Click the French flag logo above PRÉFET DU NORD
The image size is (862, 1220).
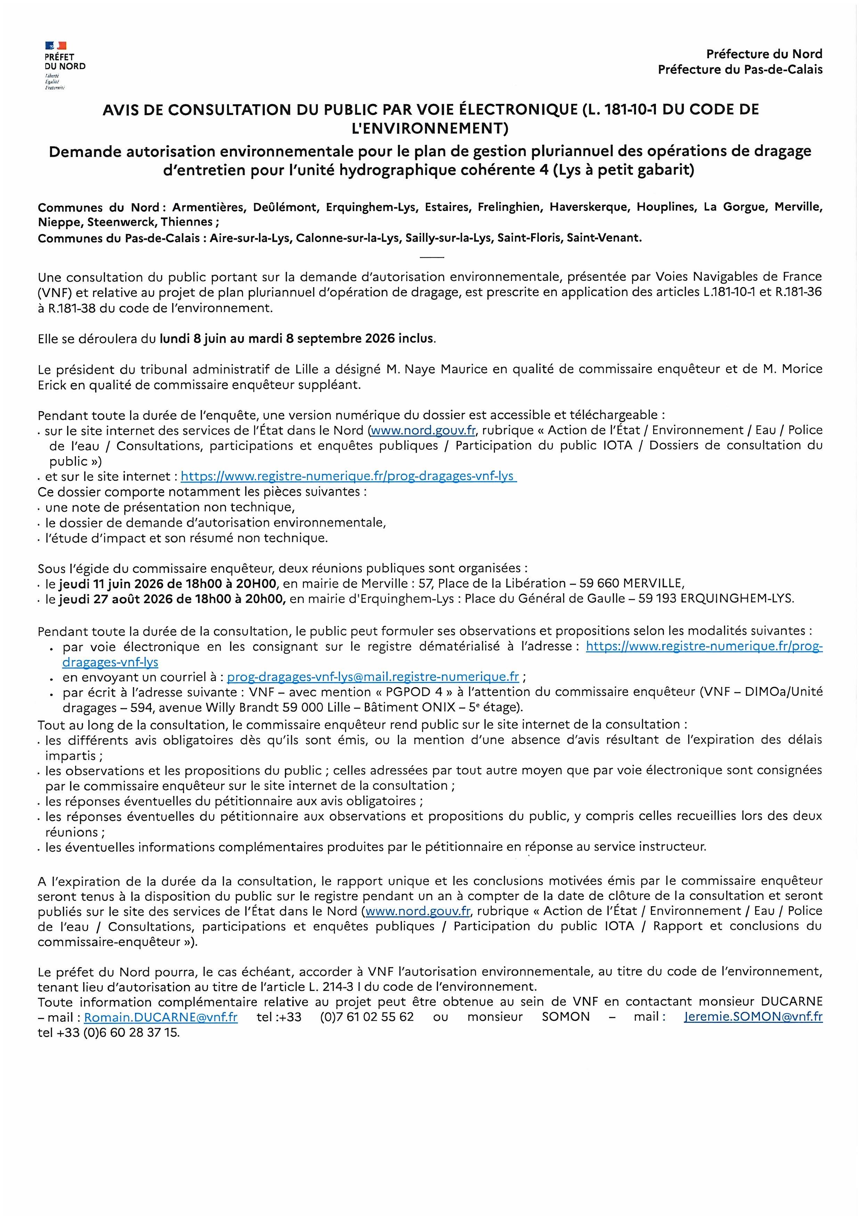(x=56, y=46)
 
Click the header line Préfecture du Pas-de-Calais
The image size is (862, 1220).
(x=740, y=70)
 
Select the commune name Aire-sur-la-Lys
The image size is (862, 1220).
(x=250, y=238)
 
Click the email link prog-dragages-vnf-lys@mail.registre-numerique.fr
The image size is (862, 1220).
(x=373, y=677)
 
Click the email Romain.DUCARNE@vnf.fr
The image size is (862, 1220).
(x=161, y=1017)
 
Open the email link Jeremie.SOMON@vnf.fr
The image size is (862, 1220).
(x=753, y=1017)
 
